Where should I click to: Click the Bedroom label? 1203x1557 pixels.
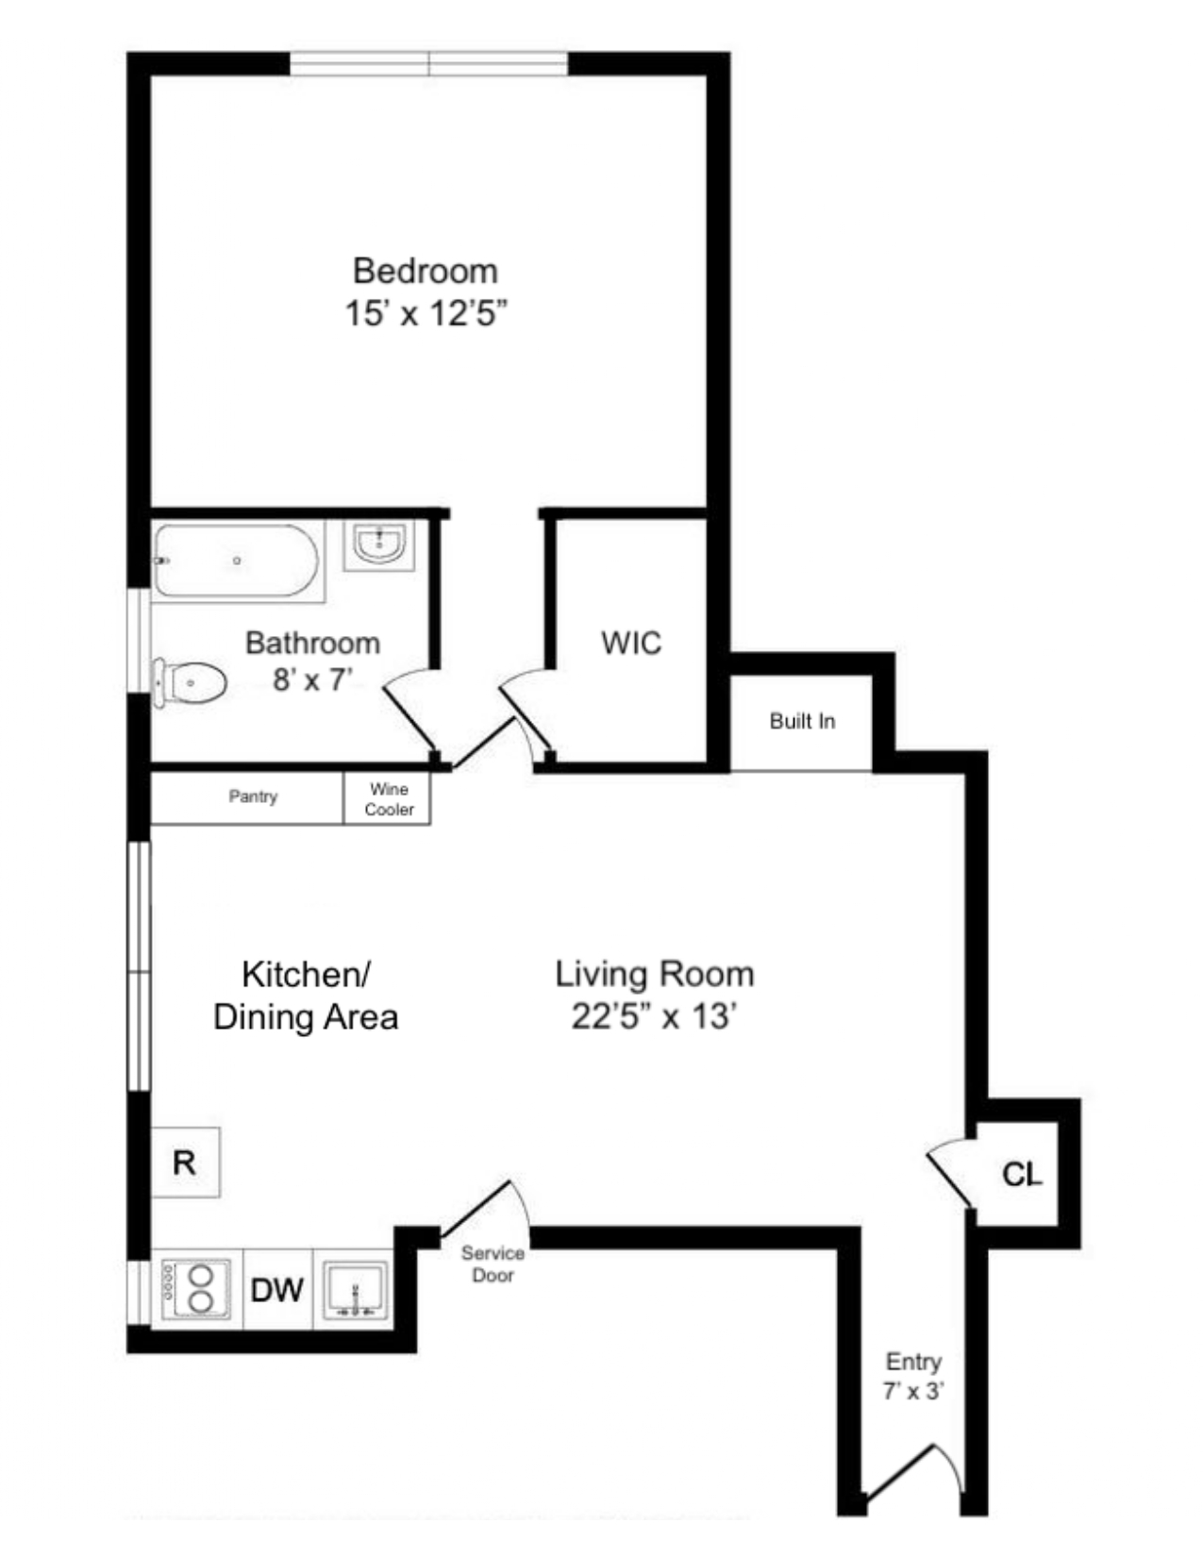pyautogui.click(x=426, y=271)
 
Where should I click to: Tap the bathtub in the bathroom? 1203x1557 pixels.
pyautogui.click(x=237, y=561)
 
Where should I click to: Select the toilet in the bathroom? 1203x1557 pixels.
pyautogui.click(x=192, y=681)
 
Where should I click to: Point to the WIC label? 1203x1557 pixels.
pyautogui.click(x=631, y=644)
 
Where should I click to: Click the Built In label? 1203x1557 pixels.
pyautogui.click(x=802, y=722)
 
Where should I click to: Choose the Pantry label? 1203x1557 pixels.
pyautogui.click(x=253, y=796)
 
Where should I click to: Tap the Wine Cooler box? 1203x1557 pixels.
pyautogui.click(x=389, y=799)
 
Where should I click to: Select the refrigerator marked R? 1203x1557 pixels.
pyautogui.click(x=185, y=1163)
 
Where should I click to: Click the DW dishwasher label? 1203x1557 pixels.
pyautogui.click(x=277, y=1289)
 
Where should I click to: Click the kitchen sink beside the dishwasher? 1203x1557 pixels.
pyautogui.click(x=355, y=1290)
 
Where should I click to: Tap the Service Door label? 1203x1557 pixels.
pyautogui.click(x=493, y=1264)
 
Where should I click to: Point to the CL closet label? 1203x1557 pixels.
pyautogui.click(x=1022, y=1175)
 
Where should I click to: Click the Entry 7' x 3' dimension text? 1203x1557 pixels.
pyautogui.click(x=913, y=1391)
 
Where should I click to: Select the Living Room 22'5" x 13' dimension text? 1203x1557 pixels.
pyautogui.click(x=654, y=1017)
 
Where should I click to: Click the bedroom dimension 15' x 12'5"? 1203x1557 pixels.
pyautogui.click(x=426, y=313)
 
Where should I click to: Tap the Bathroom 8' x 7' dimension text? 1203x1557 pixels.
pyautogui.click(x=312, y=679)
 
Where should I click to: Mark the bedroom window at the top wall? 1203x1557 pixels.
pyautogui.click(x=429, y=64)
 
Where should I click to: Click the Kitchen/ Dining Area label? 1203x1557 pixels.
pyautogui.click(x=306, y=996)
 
